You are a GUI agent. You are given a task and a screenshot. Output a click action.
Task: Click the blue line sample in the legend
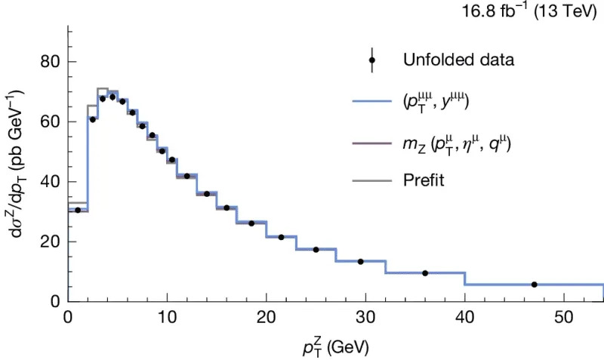372,101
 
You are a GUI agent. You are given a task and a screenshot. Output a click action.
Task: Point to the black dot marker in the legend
372,60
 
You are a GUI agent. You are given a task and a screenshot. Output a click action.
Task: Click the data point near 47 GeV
534,285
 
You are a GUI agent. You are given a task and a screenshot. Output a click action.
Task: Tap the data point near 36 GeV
425,273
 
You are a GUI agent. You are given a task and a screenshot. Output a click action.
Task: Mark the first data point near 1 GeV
78,210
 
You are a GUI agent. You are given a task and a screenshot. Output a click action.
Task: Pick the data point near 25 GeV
316,250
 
